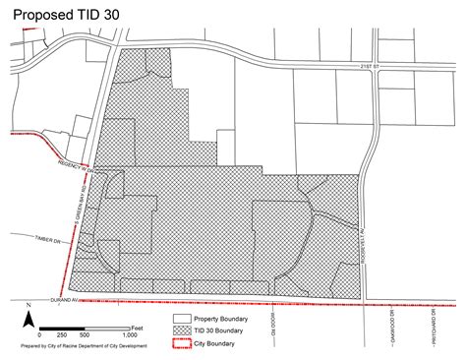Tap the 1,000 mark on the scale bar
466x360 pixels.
click(130, 335)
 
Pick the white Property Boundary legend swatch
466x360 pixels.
click(182, 320)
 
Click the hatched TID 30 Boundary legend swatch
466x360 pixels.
click(182, 331)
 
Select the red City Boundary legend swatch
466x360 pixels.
click(182, 343)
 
